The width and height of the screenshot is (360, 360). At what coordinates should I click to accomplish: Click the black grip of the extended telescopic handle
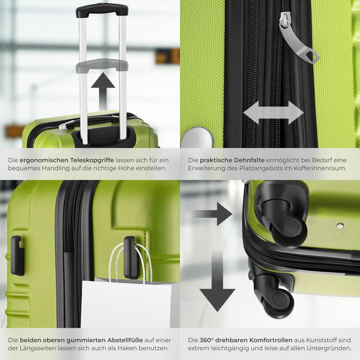tap(102, 9)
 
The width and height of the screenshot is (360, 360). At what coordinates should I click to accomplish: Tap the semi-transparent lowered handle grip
tap(102, 64)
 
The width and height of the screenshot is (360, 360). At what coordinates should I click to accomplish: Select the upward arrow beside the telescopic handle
tap(103, 89)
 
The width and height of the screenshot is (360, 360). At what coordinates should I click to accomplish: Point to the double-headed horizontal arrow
tap(273, 112)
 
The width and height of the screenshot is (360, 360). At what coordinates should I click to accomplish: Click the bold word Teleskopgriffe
tap(91, 159)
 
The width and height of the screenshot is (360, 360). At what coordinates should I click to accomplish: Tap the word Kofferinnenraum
tap(306, 168)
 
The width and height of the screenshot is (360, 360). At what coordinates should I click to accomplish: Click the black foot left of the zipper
tap(17, 255)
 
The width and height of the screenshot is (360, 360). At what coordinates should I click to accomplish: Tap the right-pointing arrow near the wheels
tap(212, 214)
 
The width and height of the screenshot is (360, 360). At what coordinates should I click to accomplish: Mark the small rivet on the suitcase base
tap(340, 226)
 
